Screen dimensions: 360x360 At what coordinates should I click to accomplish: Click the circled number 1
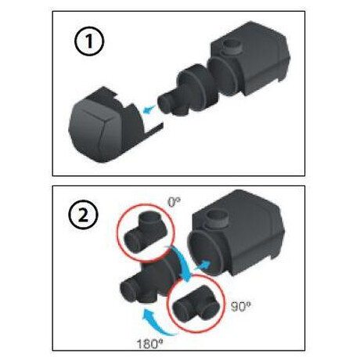(89, 41)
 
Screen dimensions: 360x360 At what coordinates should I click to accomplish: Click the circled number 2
(83, 215)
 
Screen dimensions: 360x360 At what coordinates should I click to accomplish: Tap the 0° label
(174, 202)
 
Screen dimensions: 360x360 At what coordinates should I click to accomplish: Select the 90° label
(241, 307)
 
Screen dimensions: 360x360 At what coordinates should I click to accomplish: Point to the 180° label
(148, 344)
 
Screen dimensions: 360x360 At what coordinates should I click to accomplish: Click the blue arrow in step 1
(149, 109)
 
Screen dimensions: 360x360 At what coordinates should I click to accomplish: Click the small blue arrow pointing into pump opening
(202, 265)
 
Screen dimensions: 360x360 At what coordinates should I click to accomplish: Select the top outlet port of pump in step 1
(233, 47)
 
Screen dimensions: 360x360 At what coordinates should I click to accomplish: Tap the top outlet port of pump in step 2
(218, 218)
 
